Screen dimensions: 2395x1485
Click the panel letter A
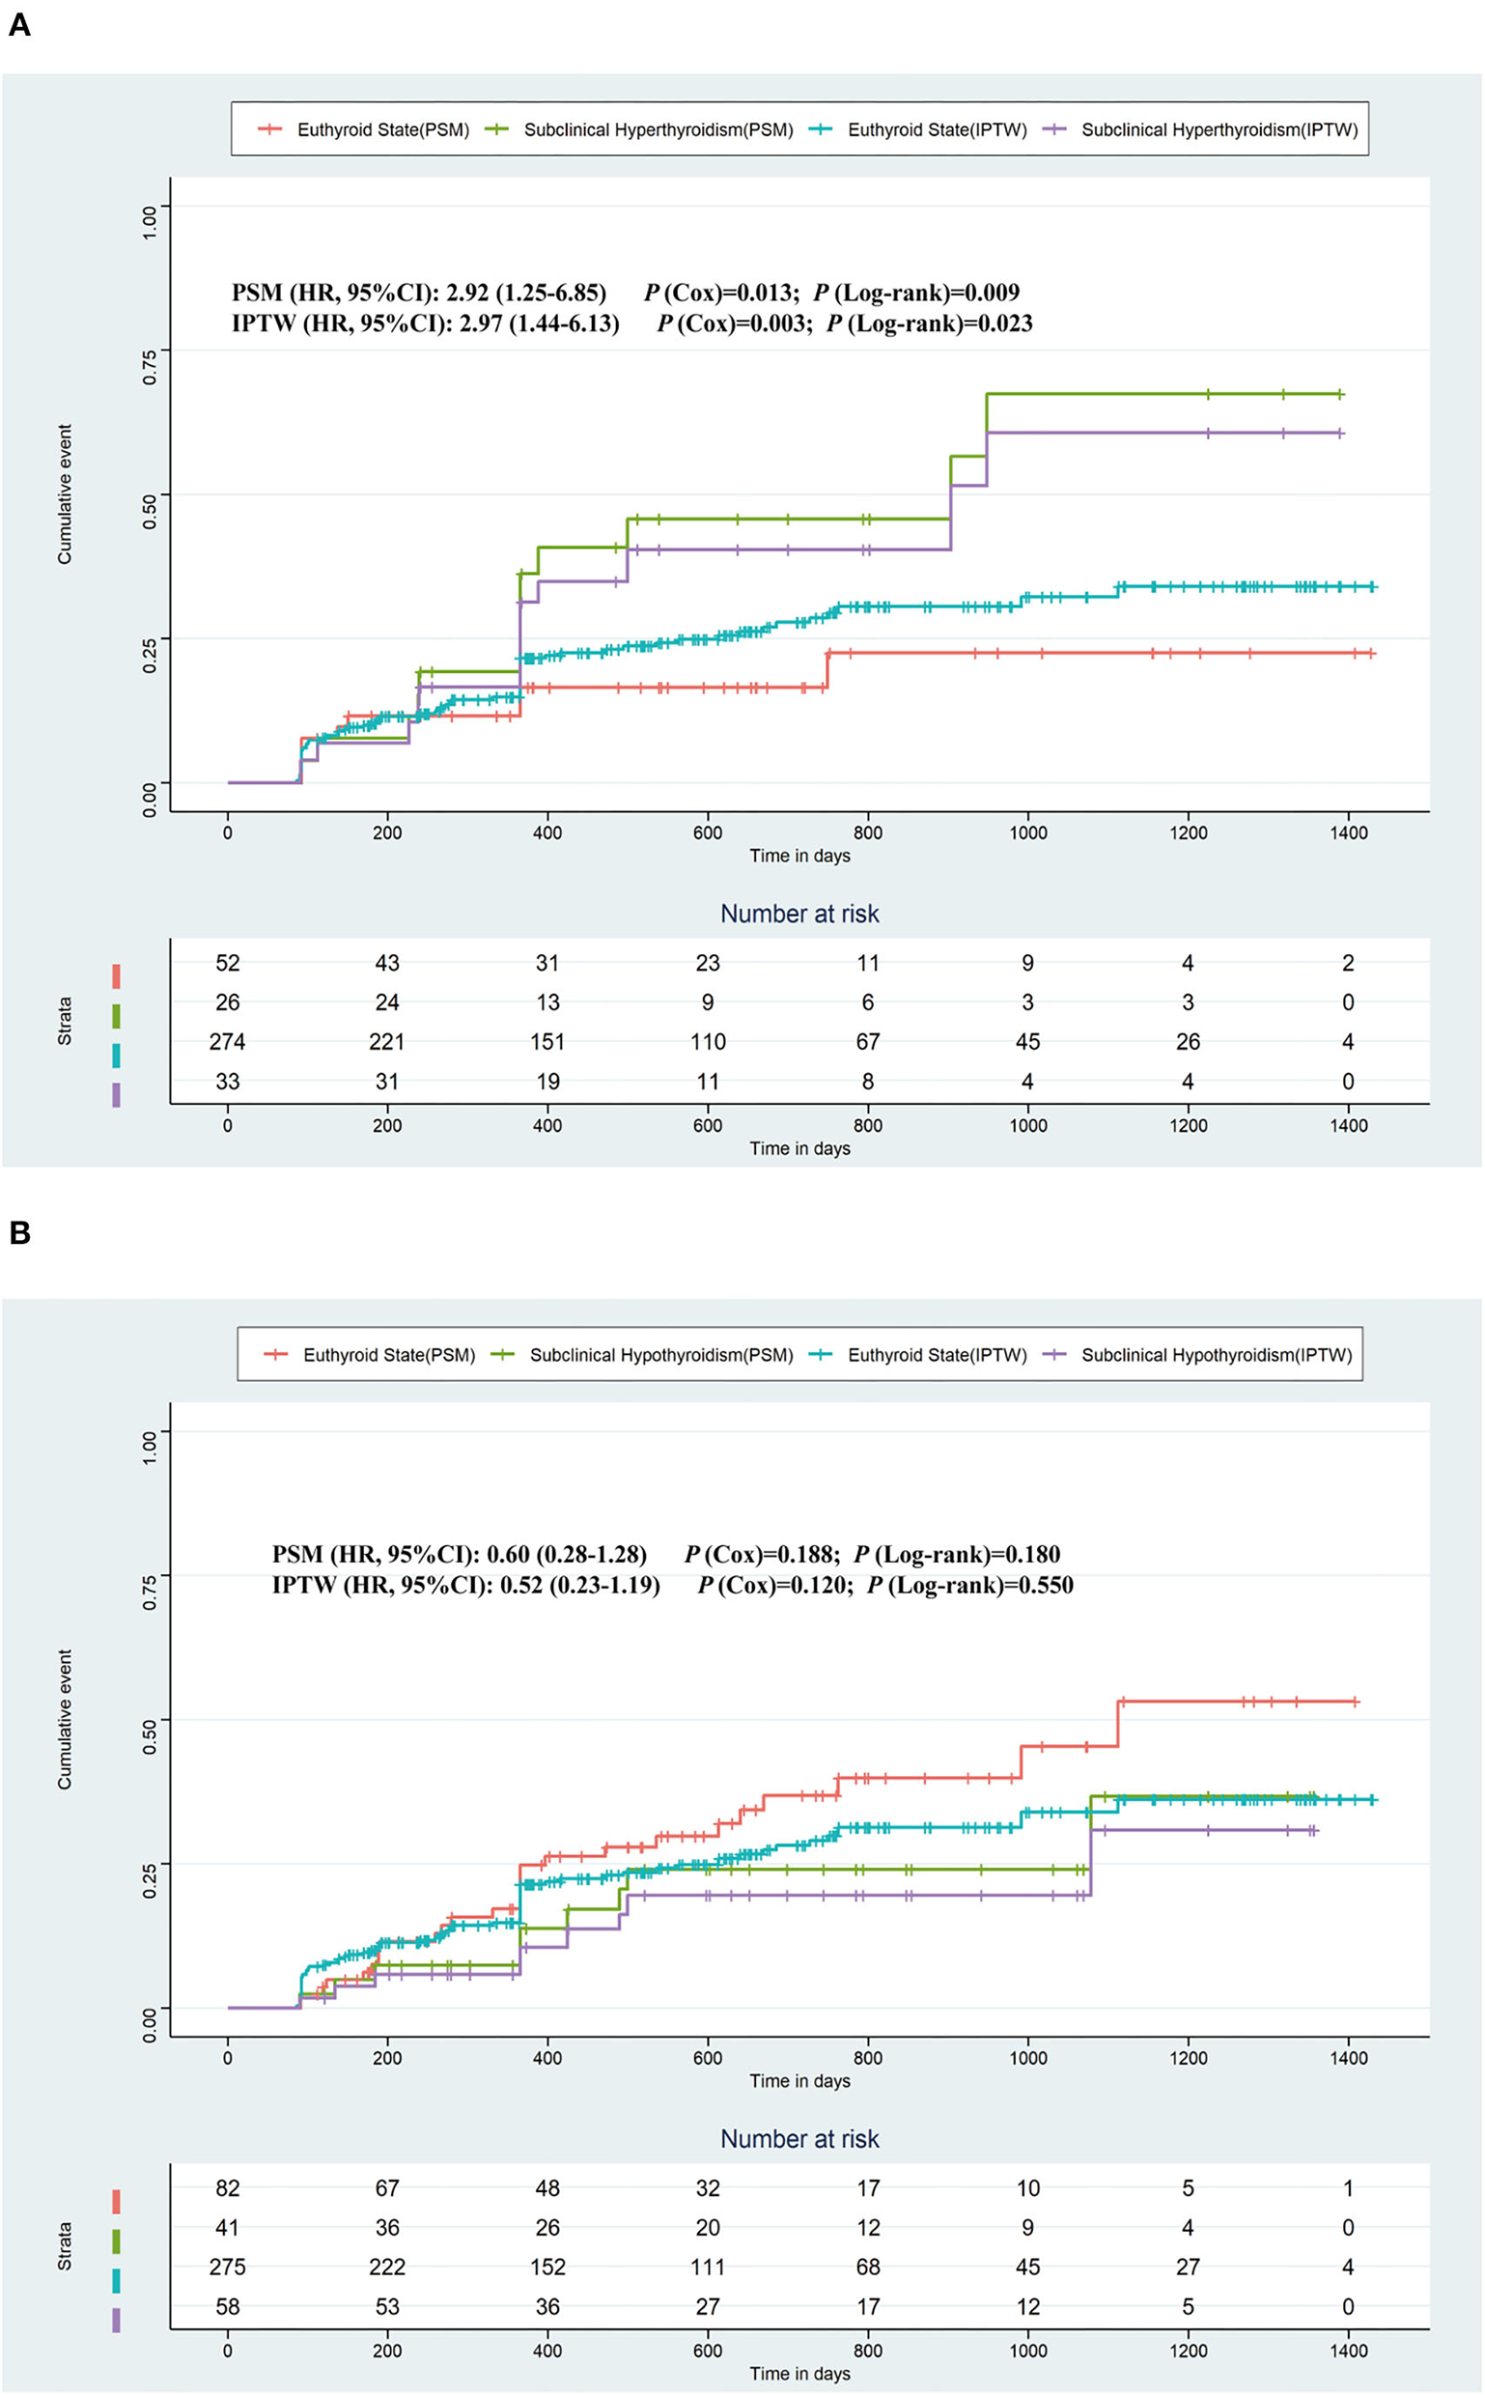point(18,24)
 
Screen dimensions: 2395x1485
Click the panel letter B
point(18,1232)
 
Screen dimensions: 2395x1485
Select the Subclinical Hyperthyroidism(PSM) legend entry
point(658,129)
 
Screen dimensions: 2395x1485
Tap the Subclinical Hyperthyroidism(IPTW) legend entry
point(1219,129)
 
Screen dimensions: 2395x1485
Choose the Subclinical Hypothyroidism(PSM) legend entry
point(661,1355)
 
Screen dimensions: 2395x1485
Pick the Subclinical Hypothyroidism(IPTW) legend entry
point(1216,1355)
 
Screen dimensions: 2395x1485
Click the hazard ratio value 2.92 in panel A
point(465,293)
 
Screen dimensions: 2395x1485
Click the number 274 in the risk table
point(227,1041)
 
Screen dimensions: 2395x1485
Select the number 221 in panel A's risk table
point(387,1041)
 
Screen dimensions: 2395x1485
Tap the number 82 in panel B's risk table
point(227,2187)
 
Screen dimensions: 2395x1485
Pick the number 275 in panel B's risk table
point(227,2267)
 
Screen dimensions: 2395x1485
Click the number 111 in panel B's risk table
point(707,2267)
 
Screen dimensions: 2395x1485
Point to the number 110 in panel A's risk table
point(707,1041)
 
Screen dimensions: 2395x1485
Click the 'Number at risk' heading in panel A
point(799,914)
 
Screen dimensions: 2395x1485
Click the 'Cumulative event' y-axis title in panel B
point(65,1719)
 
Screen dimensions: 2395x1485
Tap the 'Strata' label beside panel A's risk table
point(65,1022)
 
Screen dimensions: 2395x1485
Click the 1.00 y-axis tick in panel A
point(150,222)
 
